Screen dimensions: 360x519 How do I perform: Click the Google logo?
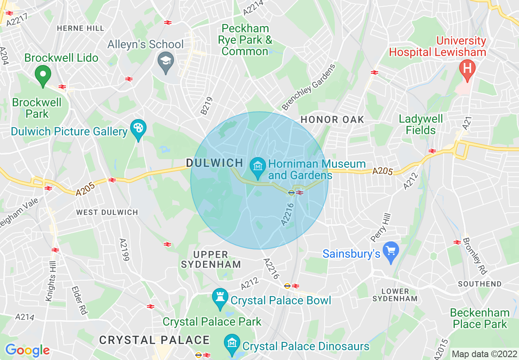[27, 350]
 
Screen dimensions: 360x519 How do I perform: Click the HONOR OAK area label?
[332, 120]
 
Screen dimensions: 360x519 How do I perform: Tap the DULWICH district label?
[215, 163]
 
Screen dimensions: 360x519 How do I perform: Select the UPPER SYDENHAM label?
[211, 259]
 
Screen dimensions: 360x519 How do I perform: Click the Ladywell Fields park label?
[421, 124]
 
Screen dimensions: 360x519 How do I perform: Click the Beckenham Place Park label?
[479, 318]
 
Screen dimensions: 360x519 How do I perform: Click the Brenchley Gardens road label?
[309, 87]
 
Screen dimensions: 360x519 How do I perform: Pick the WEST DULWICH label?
[107, 212]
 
